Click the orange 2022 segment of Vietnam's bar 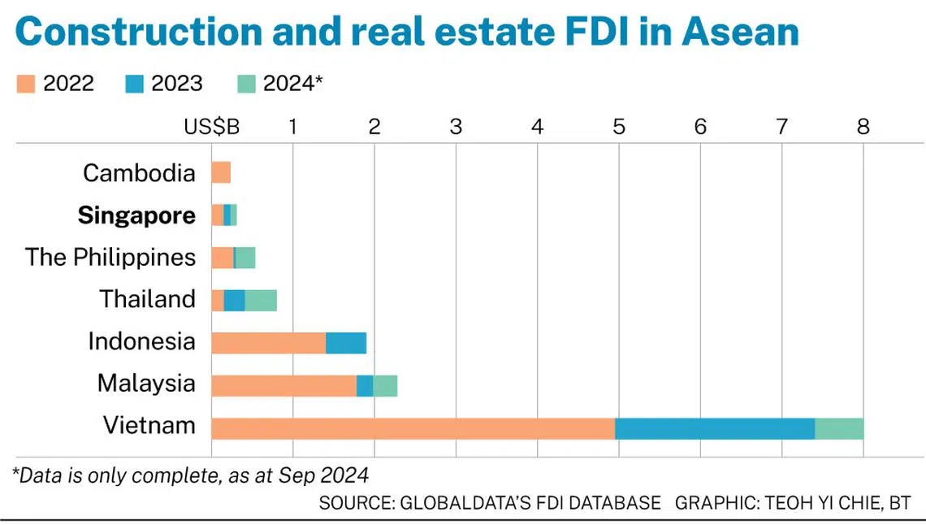pos(413,429)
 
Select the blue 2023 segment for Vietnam pos(715,429)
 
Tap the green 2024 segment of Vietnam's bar pos(839,429)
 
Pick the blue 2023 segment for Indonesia pos(346,343)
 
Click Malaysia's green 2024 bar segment pos(385,386)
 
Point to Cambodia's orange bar pos(222,172)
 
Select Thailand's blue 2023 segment pos(235,301)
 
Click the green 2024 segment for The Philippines pos(245,258)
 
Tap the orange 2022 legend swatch pos(26,84)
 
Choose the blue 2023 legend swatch pos(135,84)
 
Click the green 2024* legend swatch pos(246,84)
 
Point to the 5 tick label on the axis pos(619,127)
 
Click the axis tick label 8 pos(863,127)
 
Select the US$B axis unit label pos(212,127)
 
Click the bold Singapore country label pos(136,215)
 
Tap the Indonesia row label pos(141,341)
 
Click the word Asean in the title pos(741,32)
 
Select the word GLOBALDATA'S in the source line pos(465,503)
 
